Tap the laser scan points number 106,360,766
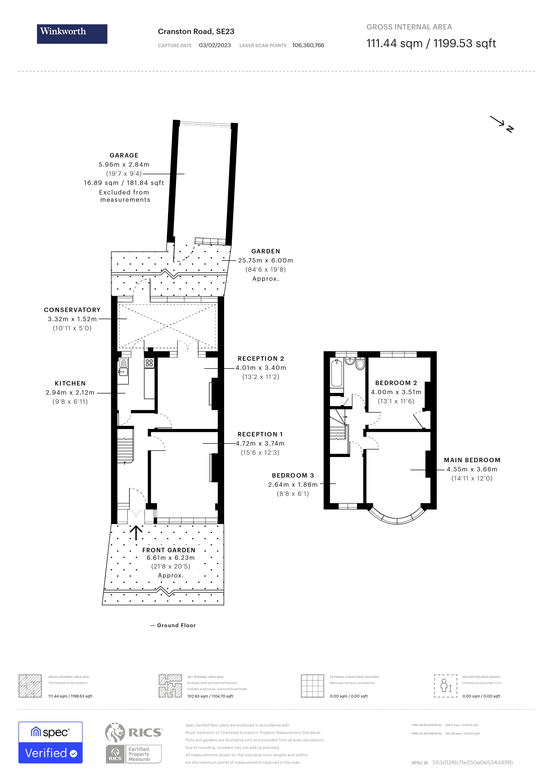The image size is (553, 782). (308, 45)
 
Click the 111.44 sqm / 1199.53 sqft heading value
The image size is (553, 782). (431, 44)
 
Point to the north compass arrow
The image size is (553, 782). (501, 123)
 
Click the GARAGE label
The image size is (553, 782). (124, 155)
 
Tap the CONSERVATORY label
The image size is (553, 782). (72, 310)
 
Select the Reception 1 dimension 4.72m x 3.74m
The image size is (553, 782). (260, 443)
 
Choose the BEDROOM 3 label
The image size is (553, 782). (293, 475)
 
